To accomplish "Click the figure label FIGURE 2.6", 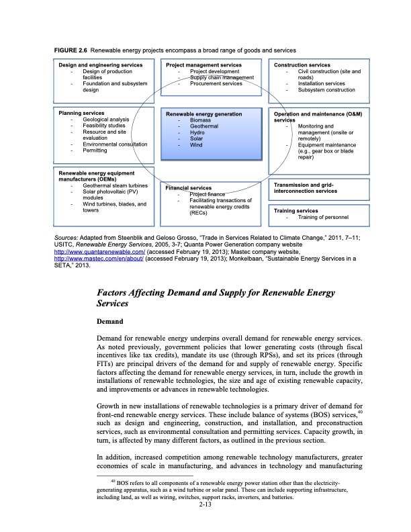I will pos(70,51).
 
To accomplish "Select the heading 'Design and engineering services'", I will pos(100,65).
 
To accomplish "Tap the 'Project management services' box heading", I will pos(203,65).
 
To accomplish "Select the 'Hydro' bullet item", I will pos(197,132).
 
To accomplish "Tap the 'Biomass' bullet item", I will pos(200,120).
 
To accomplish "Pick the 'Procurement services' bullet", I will pos(216,84).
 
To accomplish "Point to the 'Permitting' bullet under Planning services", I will pos(95,150).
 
